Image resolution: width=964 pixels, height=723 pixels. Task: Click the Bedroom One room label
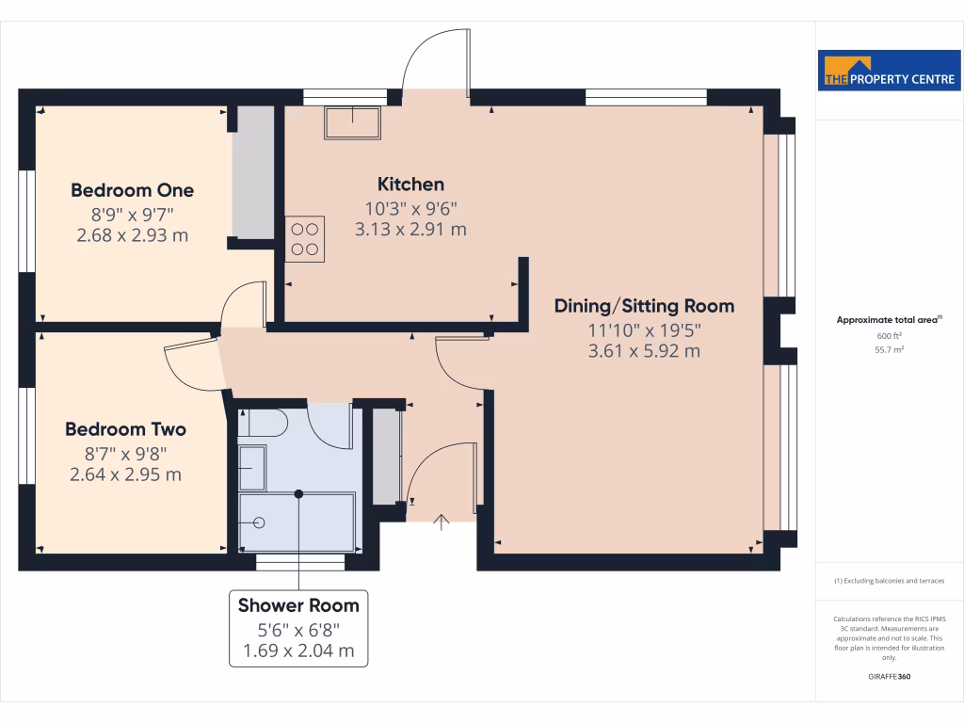point(132,190)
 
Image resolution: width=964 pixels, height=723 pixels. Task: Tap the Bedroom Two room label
point(125,429)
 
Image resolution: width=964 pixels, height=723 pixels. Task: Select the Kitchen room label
point(410,184)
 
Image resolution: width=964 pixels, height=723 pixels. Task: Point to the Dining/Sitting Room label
point(644,306)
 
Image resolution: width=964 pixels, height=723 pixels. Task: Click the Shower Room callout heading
point(298,605)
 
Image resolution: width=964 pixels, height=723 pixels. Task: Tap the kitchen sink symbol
point(353,122)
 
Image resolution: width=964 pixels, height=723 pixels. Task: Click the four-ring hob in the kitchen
point(305,239)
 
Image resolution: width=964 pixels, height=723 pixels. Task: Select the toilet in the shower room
point(261,423)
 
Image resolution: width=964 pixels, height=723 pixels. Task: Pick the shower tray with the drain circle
point(297,522)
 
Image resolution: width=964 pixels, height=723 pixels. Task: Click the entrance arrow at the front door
point(442,521)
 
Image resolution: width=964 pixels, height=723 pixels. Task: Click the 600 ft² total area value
point(890,335)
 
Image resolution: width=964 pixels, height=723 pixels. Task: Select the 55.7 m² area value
point(890,349)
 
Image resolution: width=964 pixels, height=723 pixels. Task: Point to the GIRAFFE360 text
point(890,677)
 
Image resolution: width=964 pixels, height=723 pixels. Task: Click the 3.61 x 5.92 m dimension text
point(644,351)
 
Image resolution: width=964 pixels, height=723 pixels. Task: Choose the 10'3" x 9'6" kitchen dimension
point(410,208)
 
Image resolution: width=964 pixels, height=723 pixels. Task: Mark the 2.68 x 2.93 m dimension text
point(132,234)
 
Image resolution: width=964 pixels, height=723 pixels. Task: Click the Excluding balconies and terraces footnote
point(890,581)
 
